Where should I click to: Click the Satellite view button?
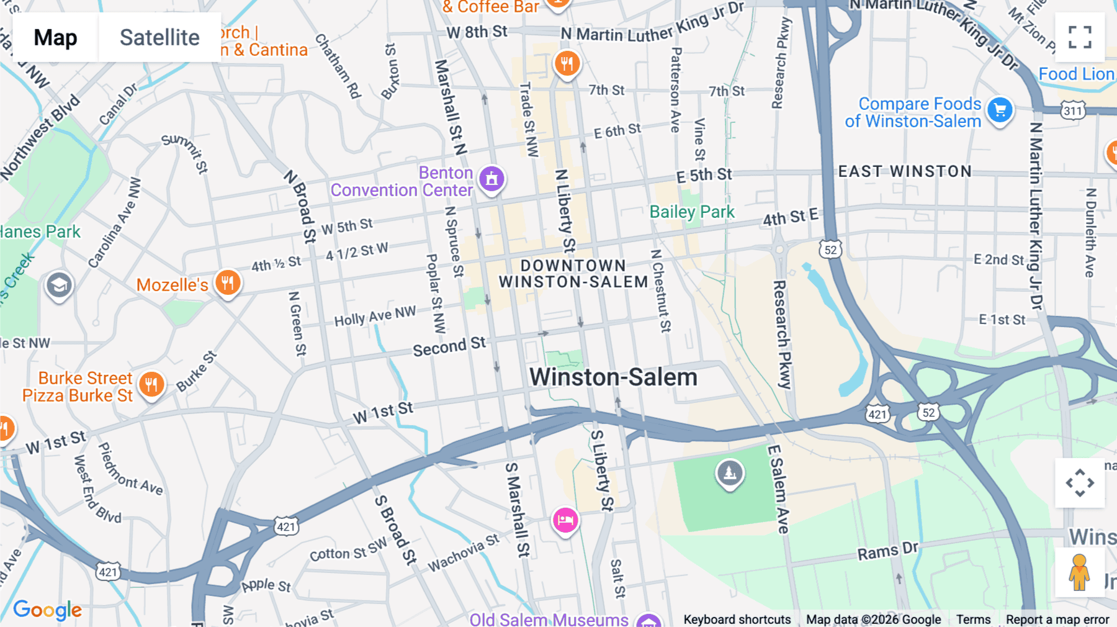(x=159, y=37)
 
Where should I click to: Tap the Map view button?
(x=55, y=37)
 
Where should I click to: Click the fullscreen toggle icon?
(x=1080, y=37)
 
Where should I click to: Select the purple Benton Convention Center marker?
(x=491, y=179)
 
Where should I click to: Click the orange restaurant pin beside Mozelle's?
(x=228, y=283)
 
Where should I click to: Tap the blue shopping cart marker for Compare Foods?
(x=1000, y=111)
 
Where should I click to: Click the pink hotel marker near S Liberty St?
(x=565, y=520)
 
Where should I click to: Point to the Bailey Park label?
(x=691, y=212)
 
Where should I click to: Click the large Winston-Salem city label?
(x=613, y=377)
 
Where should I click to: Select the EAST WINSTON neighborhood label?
(x=905, y=171)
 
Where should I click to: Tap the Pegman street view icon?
(x=1079, y=572)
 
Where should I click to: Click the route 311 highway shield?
(x=1073, y=111)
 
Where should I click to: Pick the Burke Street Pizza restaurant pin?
(x=151, y=384)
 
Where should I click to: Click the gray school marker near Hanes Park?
(x=59, y=286)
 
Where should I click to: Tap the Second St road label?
(x=449, y=346)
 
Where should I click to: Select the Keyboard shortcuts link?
(x=737, y=620)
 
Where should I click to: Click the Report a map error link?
(x=1057, y=620)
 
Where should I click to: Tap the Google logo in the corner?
(x=47, y=610)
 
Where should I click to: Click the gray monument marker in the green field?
(x=730, y=473)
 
